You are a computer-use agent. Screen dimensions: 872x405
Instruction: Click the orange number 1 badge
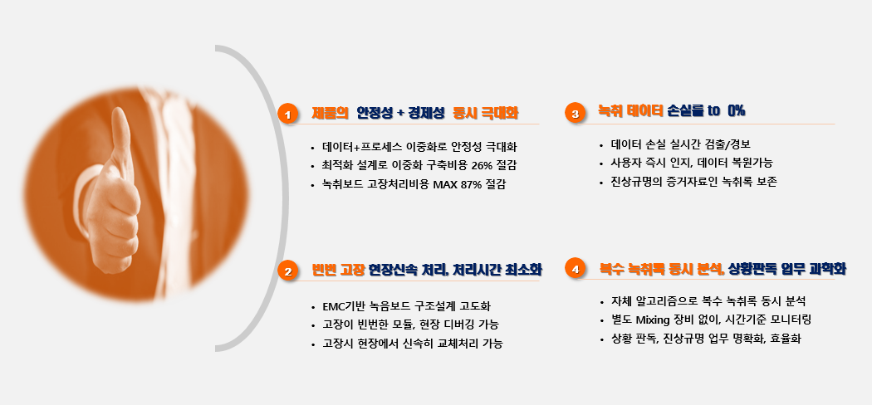coord(287,114)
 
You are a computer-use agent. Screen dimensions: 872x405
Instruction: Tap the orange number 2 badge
coord(287,271)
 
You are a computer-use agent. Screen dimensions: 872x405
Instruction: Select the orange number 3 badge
coord(575,114)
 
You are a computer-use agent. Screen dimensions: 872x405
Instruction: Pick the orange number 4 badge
coord(575,270)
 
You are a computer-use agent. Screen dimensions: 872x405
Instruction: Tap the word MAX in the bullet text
coord(445,184)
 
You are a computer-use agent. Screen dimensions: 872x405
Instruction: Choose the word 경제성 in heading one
coord(426,114)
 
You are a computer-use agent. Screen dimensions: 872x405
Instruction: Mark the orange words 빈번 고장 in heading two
coord(339,271)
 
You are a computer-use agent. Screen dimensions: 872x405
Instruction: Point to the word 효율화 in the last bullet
coord(786,339)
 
